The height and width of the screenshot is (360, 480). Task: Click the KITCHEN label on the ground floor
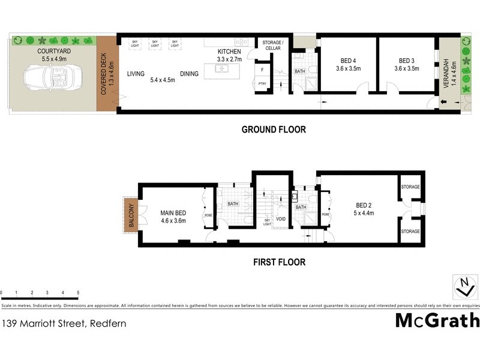point(229,52)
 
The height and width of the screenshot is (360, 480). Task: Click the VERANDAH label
point(446,74)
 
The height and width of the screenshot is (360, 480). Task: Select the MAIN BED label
point(173,212)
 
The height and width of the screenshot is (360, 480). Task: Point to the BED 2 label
point(360,205)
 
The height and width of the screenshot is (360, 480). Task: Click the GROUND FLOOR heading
point(273,129)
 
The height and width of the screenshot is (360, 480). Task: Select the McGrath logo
point(437,320)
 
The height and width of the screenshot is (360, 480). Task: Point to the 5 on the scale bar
point(78,293)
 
